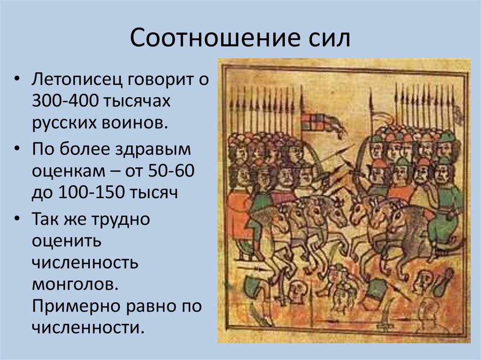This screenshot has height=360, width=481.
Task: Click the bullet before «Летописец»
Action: point(18,79)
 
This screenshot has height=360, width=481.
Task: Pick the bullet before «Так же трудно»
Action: point(18,220)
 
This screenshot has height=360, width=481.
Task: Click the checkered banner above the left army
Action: point(312,122)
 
